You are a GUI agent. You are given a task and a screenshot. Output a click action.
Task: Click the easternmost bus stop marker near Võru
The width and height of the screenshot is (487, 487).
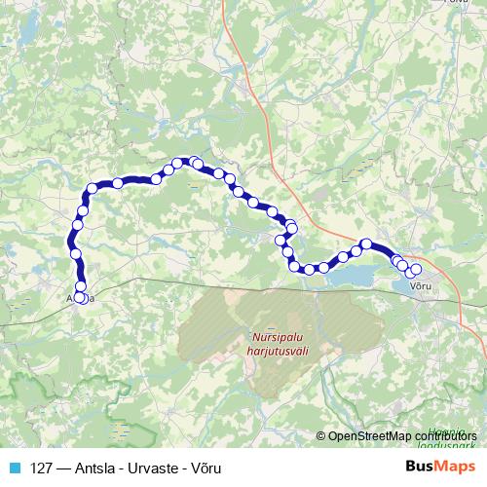417,269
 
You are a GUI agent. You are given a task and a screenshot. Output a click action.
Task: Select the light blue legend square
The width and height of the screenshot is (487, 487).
11,467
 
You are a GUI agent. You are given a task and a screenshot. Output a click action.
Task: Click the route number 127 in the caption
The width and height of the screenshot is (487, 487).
42,467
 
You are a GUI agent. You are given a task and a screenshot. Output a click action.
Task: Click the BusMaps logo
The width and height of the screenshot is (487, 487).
440,466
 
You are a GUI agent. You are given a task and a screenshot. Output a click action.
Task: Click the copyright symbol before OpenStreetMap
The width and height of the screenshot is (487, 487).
321,436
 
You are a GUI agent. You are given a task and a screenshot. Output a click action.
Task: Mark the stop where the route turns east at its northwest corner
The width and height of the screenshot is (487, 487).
94,189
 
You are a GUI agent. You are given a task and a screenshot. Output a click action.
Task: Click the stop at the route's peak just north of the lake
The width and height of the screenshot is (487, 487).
366,244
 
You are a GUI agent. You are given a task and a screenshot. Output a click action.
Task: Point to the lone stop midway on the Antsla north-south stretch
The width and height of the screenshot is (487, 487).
76,253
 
